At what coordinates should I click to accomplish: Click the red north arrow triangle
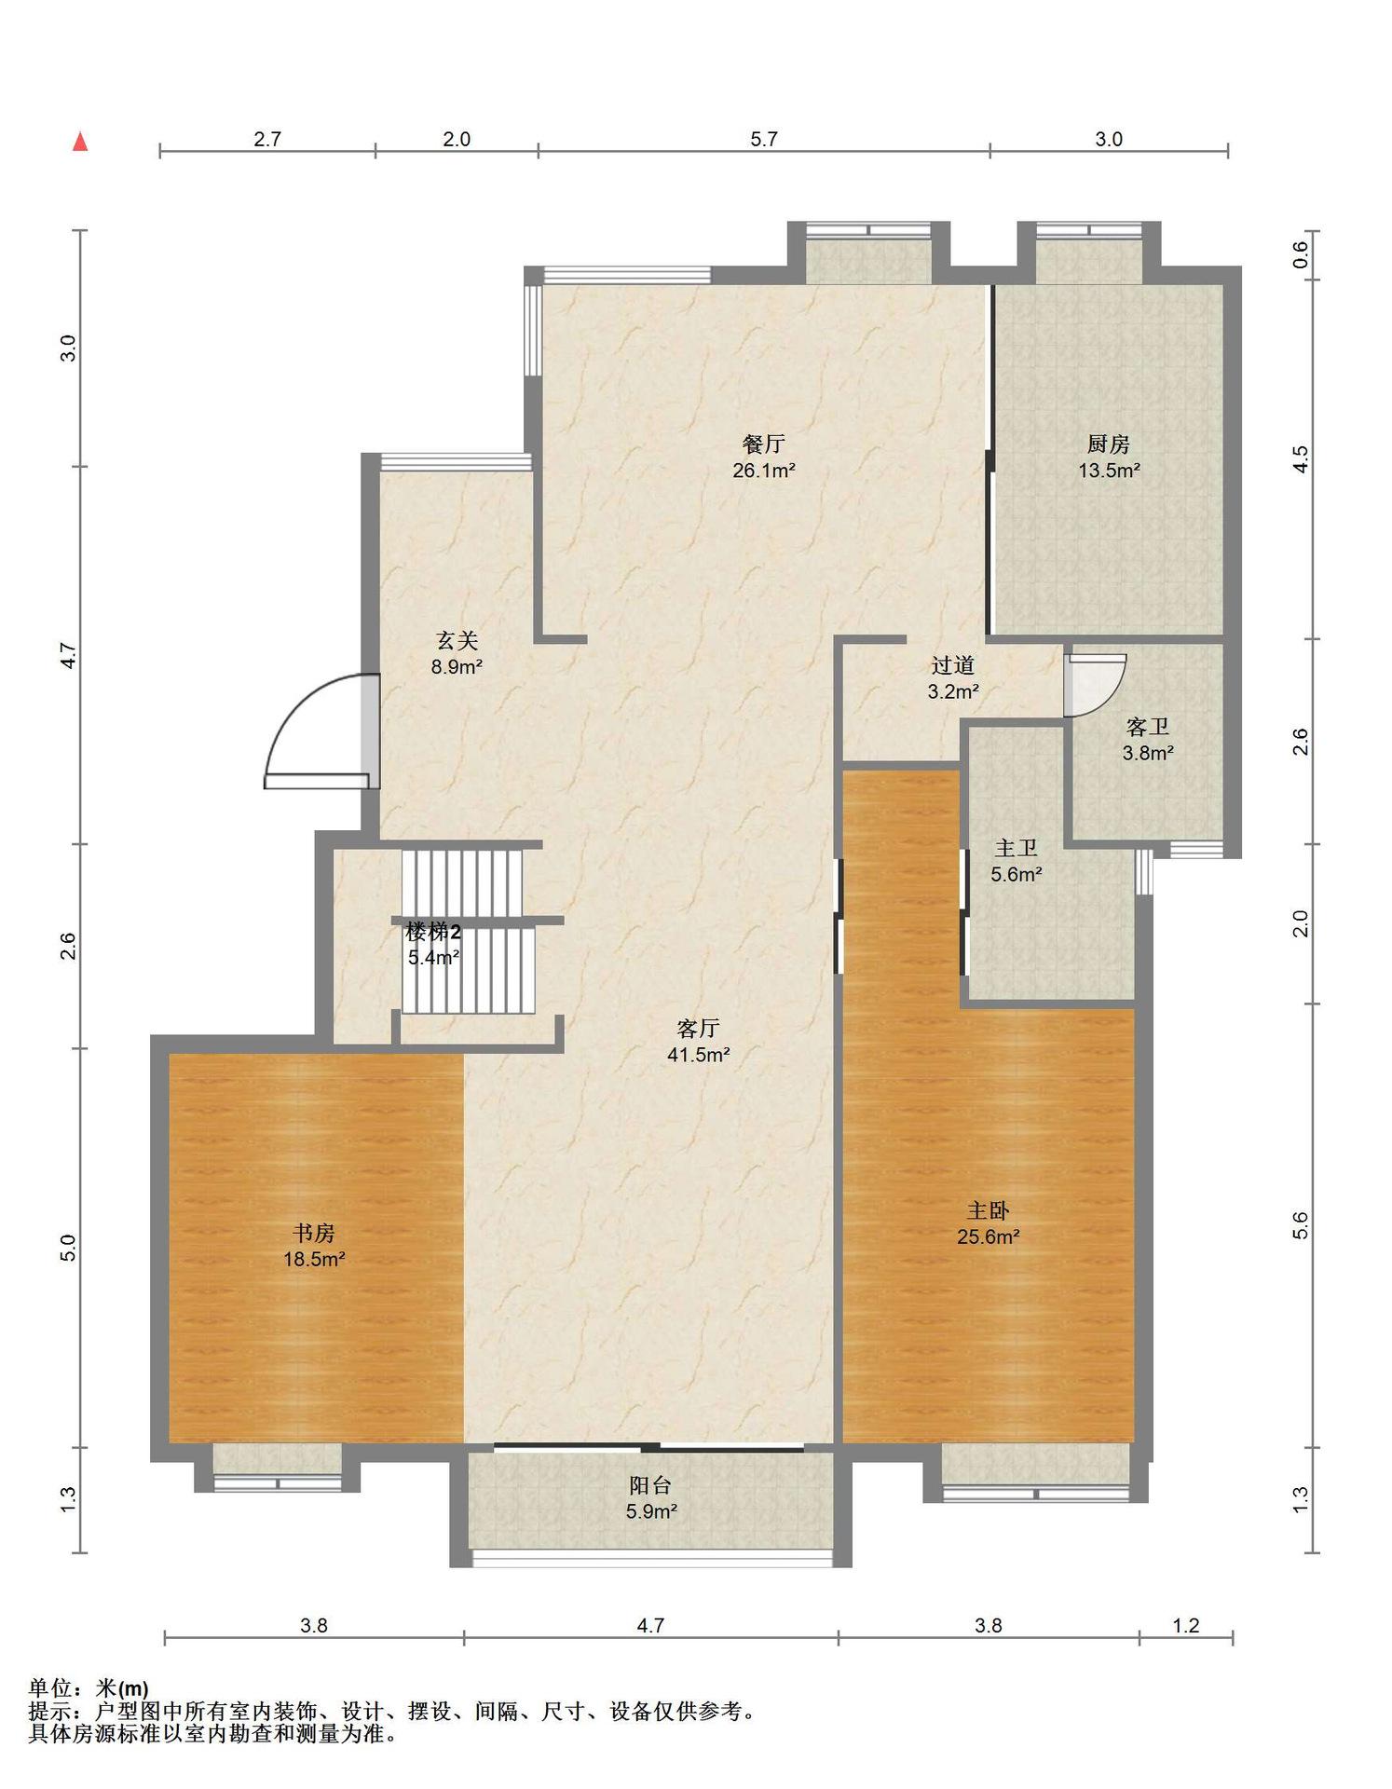pyautogui.click(x=81, y=142)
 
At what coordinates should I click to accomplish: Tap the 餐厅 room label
pyautogui.click(x=763, y=444)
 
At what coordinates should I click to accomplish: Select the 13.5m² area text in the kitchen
pyautogui.click(x=1109, y=471)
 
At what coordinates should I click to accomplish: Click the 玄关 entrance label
pyautogui.click(x=457, y=641)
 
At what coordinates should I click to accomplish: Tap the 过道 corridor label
pyautogui.click(x=952, y=665)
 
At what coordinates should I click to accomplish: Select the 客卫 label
pyautogui.click(x=1147, y=727)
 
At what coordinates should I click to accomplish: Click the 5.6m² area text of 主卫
pyautogui.click(x=1016, y=875)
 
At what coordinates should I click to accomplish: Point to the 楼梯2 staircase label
pyautogui.click(x=433, y=932)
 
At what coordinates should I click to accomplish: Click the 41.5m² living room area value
pyautogui.click(x=698, y=1056)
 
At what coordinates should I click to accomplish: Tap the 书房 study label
pyautogui.click(x=314, y=1234)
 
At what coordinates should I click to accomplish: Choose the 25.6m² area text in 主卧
pyautogui.click(x=988, y=1237)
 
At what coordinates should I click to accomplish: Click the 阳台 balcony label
pyautogui.click(x=650, y=1485)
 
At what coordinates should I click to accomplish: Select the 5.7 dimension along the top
pyautogui.click(x=763, y=140)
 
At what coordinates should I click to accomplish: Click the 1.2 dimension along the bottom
pyautogui.click(x=1185, y=1626)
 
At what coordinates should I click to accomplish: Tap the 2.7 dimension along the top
pyautogui.click(x=267, y=140)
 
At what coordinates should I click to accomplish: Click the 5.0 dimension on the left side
pyautogui.click(x=68, y=1249)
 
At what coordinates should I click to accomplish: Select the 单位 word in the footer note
pyautogui.click(x=50, y=1688)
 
